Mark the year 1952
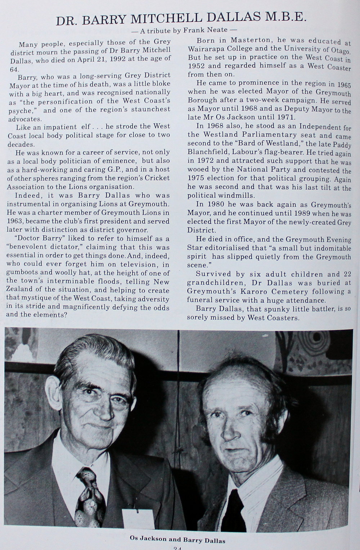click(x=197, y=66)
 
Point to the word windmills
click(x=239, y=196)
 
